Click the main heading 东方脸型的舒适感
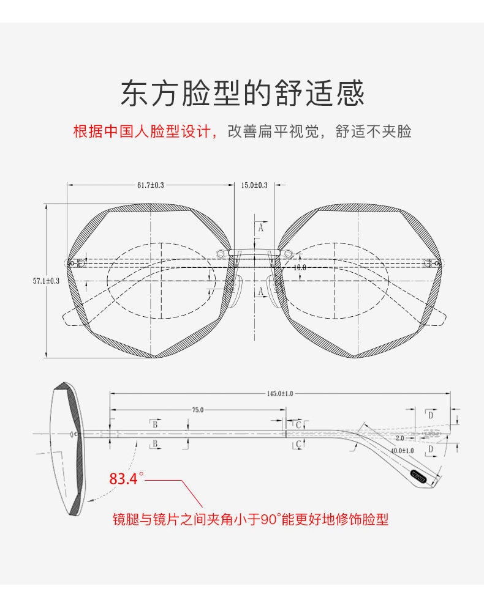[x=243, y=93]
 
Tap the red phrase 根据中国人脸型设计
[x=143, y=131]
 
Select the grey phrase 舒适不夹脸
[x=373, y=131]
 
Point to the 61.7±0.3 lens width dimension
[x=151, y=185]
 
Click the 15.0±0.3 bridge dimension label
[x=254, y=185]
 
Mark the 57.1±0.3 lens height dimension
[x=47, y=281]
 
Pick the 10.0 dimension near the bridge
[x=300, y=267]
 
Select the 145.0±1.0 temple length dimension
[x=280, y=394]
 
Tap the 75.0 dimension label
[x=198, y=410]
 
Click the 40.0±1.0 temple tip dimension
[x=403, y=451]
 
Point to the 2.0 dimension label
[x=399, y=438]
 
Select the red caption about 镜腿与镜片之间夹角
[x=251, y=519]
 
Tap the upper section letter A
[x=260, y=227]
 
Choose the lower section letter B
[x=155, y=443]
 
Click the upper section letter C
[x=298, y=425]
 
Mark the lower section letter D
[x=431, y=449]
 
